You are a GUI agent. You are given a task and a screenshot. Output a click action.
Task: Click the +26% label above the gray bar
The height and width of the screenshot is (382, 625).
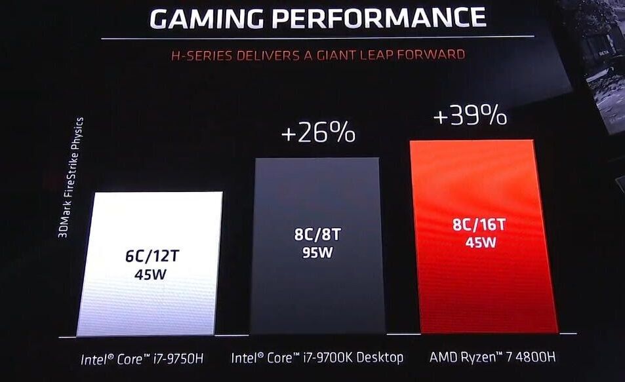318,133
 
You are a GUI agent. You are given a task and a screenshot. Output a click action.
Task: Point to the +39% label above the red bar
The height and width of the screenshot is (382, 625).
470,117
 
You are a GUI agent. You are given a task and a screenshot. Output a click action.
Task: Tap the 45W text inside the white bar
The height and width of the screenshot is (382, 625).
150,273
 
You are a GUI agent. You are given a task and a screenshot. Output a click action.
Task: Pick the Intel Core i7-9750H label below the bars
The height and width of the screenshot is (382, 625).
141,358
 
